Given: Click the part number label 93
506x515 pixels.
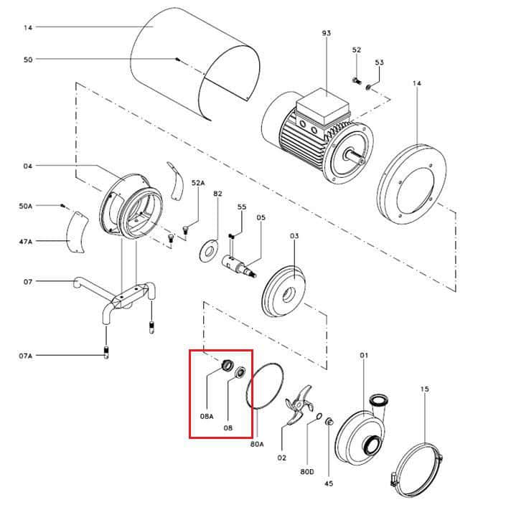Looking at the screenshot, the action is tap(327, 33).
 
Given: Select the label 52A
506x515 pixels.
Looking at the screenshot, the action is tap(198, 183).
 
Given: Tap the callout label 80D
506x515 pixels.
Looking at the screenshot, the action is tap(307, 472).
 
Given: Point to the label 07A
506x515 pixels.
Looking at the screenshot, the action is tap(26, 356).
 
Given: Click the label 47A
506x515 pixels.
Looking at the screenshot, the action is tap(26, 242).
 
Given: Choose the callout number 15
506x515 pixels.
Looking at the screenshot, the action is tap(424, 389).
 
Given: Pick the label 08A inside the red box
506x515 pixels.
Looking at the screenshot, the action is tap(207, 416).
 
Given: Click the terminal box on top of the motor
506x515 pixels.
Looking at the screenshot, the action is tap(323, 108).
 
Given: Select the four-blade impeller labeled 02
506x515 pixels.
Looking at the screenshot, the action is tap(299, 406).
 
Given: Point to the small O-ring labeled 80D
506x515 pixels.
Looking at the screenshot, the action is tap(319, 416).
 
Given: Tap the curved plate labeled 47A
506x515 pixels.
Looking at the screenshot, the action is tap(76, 232).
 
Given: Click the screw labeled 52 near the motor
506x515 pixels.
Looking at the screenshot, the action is tap(357, 80).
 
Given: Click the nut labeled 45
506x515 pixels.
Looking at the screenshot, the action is tap(329, 421).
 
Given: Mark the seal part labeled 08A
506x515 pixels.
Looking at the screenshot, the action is tap(226, 365).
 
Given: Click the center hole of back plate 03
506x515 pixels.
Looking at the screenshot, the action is tap(288, 294).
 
